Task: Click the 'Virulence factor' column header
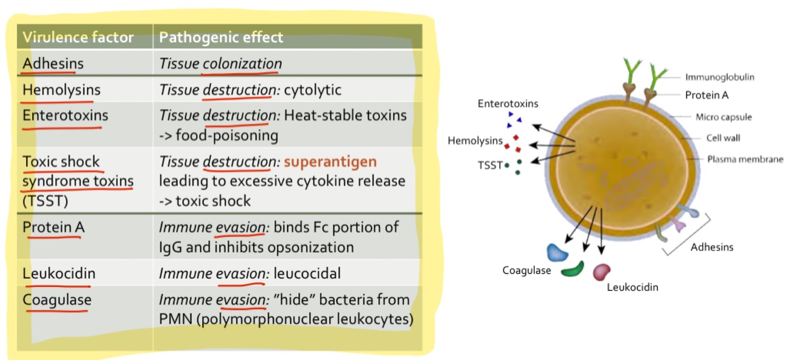[x=77, y=38]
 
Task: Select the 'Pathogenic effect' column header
[x=221, y=38]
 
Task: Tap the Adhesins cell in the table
[x=53, y=64]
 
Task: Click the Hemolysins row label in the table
[x=61, y=90]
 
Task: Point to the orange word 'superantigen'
[x=330, y=162]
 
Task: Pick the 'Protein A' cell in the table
[x=54, y=227]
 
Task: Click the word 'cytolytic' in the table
[x=312, y=90]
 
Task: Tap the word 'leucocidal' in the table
[x=307, y=273]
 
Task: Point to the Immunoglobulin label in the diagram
[x=719, y=77]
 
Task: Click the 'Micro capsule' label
[x=724, y=117]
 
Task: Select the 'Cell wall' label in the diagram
[x=723, y=138]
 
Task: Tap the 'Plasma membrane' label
[x=745, y=159]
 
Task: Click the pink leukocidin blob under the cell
[x=601, y=272]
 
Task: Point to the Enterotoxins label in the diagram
[x=508, y=103]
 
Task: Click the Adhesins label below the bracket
[x=711, y=247]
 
